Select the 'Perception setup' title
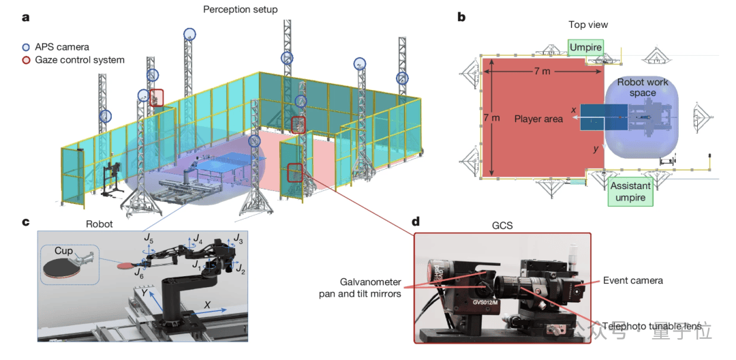241,10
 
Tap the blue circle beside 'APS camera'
26,47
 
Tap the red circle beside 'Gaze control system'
26,60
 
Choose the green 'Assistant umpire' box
630,192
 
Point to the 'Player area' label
538,119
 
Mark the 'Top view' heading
587,25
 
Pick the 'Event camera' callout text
632,280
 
